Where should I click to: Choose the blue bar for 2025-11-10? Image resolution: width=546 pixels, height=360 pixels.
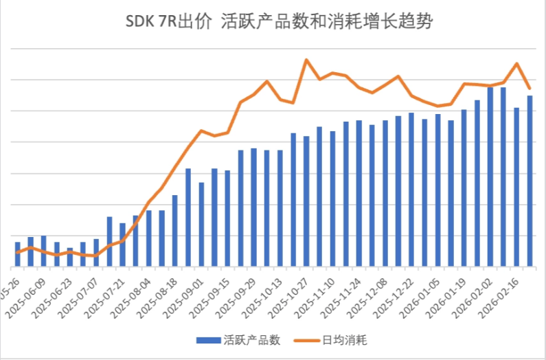tap(333, 199)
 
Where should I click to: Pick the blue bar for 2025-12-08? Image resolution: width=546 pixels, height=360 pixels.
tap(385, 193)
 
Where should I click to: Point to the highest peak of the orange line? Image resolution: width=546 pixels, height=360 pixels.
tap(306, 60)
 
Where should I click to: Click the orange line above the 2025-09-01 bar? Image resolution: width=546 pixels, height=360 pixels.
tap(201, 131)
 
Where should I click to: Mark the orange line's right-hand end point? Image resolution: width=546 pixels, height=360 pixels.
tap(530, 89)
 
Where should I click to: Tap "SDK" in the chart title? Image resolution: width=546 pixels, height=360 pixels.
tap(140, 23)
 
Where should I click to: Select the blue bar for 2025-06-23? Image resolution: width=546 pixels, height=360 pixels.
tap(70, 257)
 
